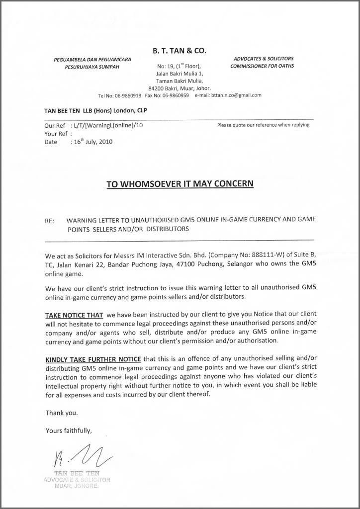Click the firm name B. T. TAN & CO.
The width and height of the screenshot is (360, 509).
click(x=180, y=50)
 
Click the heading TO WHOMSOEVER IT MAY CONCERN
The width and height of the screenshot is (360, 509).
click(x=180, y=184)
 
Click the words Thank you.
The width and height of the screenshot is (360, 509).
click(x=62, y=413)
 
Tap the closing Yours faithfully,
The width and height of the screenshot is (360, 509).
click(x=69, y=430)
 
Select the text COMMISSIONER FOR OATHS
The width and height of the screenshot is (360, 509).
click(x=262, y=66)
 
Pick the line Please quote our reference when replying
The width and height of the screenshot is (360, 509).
click(x=263, y=125)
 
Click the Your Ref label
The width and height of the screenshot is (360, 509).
click(x=56, y=133)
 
